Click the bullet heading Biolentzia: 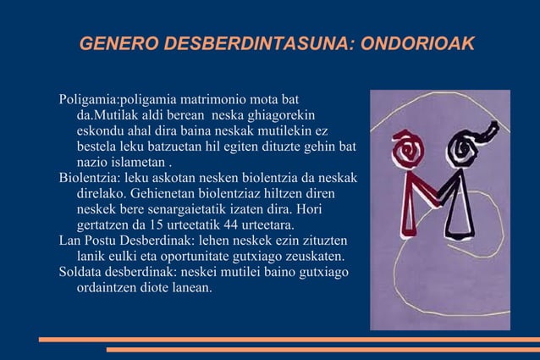click(x=89, y=178)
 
